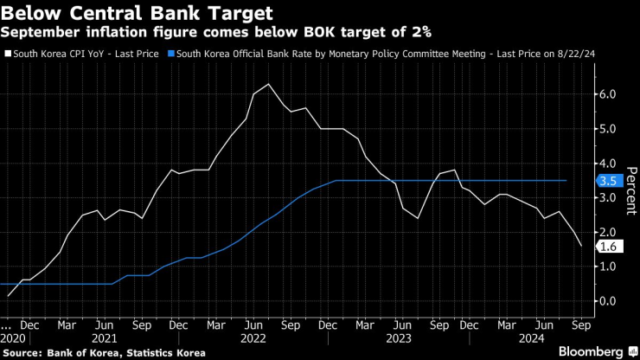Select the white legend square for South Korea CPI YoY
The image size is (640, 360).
(x=8, y=53)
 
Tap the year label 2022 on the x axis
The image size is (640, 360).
(x=253, y=339)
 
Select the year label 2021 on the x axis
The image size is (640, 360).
(x=104, y=339)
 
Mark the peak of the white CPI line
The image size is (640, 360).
(x=268, y=84)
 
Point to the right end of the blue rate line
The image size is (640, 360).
(x=566, y=181)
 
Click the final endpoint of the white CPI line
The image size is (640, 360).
(x=581, y=247)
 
